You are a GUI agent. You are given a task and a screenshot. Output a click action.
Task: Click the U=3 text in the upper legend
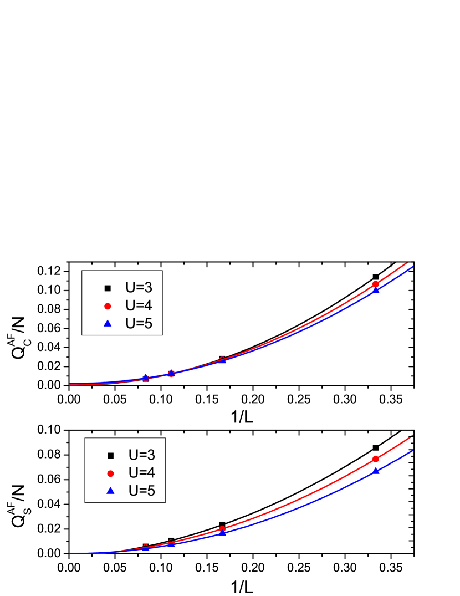point(139,288)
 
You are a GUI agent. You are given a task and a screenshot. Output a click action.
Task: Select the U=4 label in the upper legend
point(139,305)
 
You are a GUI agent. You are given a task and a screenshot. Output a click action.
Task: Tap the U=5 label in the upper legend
point(139,324)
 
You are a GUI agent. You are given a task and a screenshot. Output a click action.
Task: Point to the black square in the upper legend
point(108,288)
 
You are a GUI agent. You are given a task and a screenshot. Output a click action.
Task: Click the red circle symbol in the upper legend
point(108,306)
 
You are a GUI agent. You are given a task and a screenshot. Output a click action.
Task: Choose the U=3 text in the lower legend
point(141,455)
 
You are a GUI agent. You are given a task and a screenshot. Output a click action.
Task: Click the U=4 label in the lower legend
point(141,473)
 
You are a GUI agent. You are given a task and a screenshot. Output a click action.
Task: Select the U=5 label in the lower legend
point(141,491)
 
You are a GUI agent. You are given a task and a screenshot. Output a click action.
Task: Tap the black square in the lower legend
point(110,456)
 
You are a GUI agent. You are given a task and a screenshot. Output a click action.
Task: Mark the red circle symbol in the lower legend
point(110,473)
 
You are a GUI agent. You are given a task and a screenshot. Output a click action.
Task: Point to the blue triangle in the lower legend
point(110,491)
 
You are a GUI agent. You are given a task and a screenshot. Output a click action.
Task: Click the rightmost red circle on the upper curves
point(376,284)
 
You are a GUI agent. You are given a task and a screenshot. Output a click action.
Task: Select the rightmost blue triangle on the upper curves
point(376,290)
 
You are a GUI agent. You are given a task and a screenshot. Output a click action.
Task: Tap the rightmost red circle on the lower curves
point(376,459)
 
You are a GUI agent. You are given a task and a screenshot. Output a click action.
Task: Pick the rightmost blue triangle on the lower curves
point(376,471)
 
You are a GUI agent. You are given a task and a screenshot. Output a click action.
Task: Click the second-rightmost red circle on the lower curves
point(222,529)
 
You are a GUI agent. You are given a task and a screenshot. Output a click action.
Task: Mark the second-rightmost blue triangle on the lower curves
point(222,533)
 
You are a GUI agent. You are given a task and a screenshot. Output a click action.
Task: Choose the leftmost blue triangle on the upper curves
point(146,377)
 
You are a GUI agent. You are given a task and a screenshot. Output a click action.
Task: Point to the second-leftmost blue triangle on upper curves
point(171,373)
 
